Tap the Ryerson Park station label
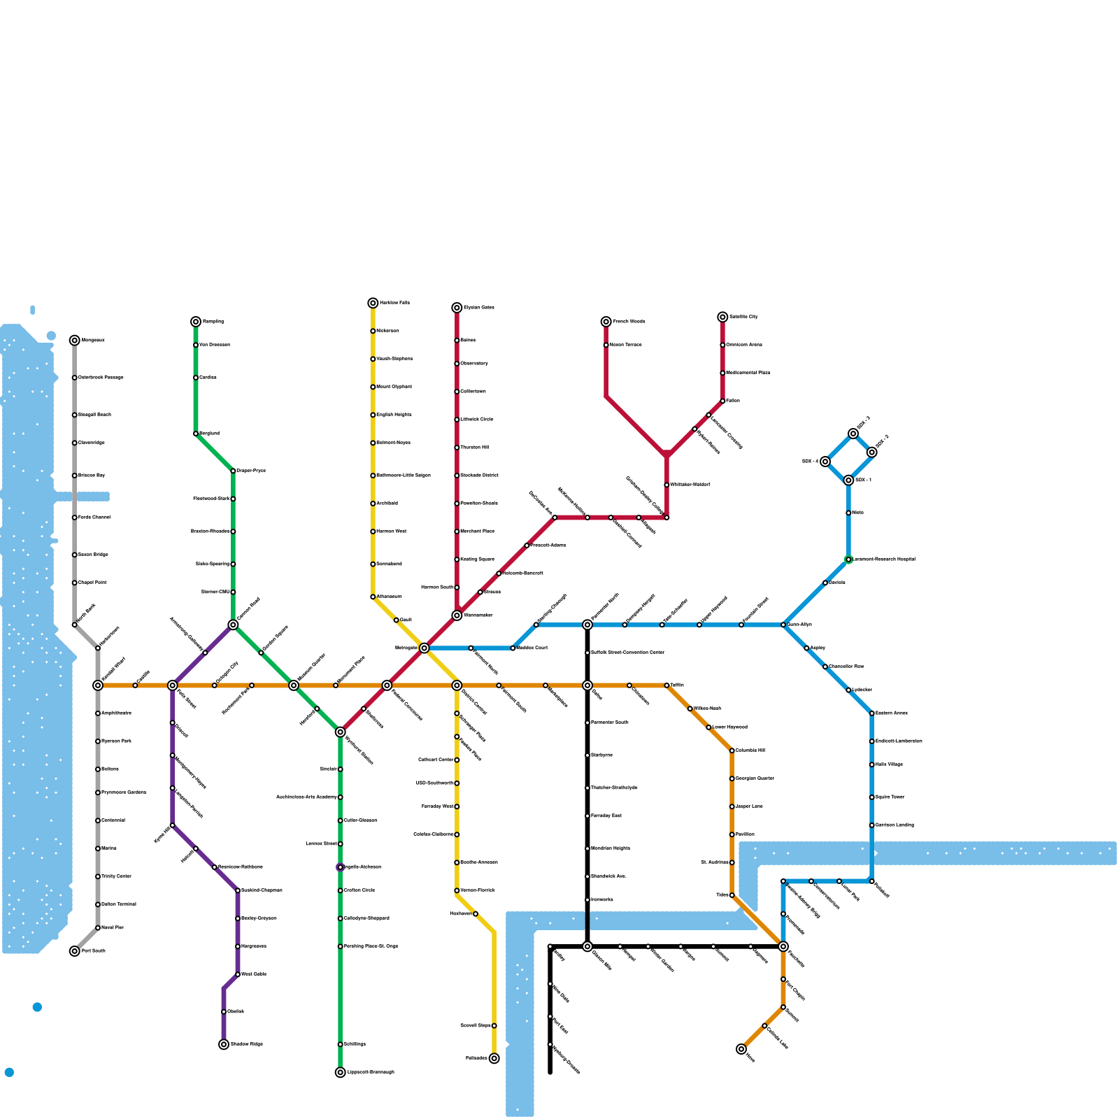(116, 741)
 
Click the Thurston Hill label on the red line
(475, 448)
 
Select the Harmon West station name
(391, 532)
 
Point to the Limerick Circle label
(477, 420)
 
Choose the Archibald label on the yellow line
(387, 504)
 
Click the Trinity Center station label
(116, 876)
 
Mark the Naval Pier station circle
(98, 928)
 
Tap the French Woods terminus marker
(606, 322)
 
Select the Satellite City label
(743, 317)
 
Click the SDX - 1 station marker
(848, 480)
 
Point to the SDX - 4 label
(810, 462)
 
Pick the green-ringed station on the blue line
(848, 559)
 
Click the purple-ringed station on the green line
(340, 867)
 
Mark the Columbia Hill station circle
(732, 751)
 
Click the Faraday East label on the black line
(606, 816)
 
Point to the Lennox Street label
(322, 844)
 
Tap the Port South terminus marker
(75, 951)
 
